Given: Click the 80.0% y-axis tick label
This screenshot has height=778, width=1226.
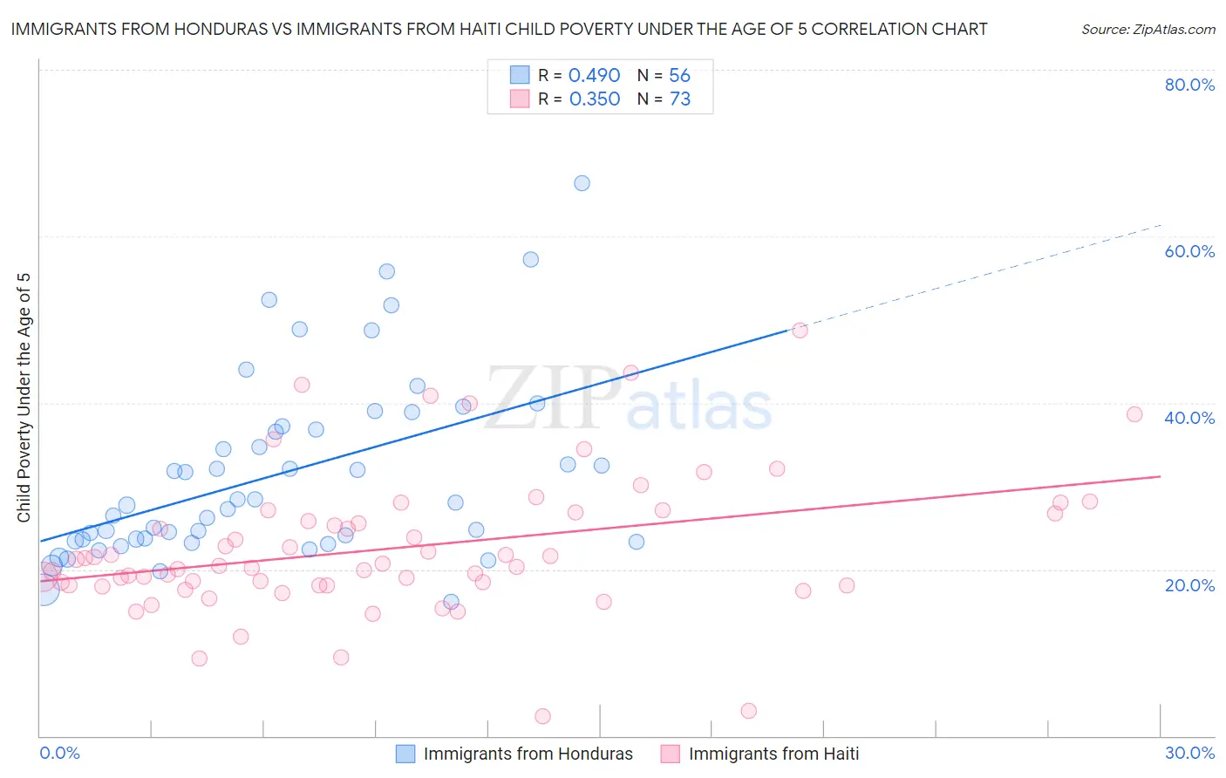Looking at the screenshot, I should pyautogui.click(x=1189, y=85).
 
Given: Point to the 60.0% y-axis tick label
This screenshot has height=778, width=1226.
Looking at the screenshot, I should pyautogui.click(x=1189, y=251).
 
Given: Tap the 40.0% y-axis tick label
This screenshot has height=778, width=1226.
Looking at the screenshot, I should pyautogui.click(x=1189, y=418).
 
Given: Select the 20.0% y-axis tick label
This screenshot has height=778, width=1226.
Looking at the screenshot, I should pyautogui.click(x=1189, y=584).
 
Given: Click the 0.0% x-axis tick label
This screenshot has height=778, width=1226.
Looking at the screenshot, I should pyautogui.click(x=59, y=753).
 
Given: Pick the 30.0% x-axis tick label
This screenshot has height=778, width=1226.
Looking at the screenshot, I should pyautogui.click(x=1189, y=753).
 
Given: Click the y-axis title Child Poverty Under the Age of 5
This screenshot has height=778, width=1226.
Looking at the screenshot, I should pyautogui.click(x=24, y=398).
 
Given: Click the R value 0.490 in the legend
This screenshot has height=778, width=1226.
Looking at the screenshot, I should pyautogui.click(x=594, y=75).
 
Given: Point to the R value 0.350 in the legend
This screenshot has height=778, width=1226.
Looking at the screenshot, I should pyautogui.click(x=594, y=99).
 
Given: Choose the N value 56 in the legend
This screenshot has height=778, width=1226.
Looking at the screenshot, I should pyautogui.click(x=679, y=75).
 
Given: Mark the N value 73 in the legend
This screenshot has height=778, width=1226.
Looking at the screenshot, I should pyautogui.click(x=679, y=99).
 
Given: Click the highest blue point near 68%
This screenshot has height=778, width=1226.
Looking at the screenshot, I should pyautogui.click(x=582, y=183).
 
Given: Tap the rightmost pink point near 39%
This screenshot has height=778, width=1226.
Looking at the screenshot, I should pyautogui.click(x=1134, y=414).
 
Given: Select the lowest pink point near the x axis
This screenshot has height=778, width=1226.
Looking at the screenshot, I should pyautogui.click(x=542, y=716).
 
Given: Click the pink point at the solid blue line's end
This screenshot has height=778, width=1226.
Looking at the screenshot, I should pyautogui.click(x=800, y=330).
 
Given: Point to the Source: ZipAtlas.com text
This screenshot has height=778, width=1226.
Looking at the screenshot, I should pyautogui.click(x=1148, y=29).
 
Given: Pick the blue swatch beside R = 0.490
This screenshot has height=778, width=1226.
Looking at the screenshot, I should pyautogui.click(x=520, y=75).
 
